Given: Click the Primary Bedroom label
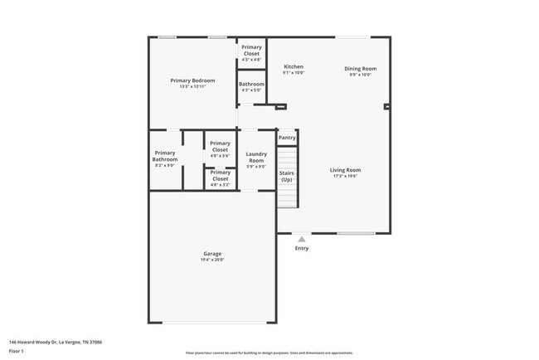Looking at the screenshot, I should [192, 80].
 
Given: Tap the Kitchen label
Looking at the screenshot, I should [294, 66].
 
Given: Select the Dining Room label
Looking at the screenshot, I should [361, 68].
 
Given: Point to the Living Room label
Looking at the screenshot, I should [345, 170].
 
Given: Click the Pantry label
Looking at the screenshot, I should [287, 138].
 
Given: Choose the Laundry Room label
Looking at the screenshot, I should [256, 156].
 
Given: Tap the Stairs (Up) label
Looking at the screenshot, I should [286, 176].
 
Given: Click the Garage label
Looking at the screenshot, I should [212, 253].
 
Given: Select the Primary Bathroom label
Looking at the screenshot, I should [164, 156].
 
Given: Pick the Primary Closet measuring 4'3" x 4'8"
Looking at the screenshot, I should [251, 50].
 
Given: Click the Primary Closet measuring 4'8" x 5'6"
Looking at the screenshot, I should [220, 147].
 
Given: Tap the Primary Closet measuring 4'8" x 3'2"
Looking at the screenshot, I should [220, 175].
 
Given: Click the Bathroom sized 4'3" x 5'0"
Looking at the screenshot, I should [251, 84].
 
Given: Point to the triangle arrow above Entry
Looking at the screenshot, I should [301, 240].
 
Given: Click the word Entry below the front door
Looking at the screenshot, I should [301, 248].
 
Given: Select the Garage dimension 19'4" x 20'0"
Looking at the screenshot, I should [212, 260].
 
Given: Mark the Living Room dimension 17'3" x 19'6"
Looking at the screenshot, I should [345, 177].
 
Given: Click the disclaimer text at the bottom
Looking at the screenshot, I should [269, 353].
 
